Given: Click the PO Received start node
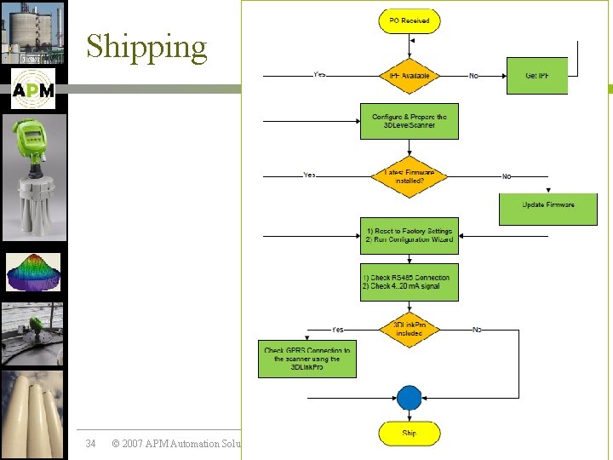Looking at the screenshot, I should (x=409, y=20).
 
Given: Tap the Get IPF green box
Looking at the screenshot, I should (x=536, y=76).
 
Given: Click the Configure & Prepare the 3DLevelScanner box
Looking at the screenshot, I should (x=409, y=121).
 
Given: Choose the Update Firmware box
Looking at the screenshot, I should (x=547, y=205).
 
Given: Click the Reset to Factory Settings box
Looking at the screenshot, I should (x=409, y=235).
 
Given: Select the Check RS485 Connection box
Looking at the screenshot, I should (x=409, y=282).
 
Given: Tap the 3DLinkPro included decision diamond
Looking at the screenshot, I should (x=409, y=329).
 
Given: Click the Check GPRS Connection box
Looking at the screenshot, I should (x=307, y=359).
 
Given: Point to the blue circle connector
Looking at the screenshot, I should (x=409, y=398).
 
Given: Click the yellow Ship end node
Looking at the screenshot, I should (x=409, y=434).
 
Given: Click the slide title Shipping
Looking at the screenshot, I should (x=146, y=47).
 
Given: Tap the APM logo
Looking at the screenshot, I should (x=33, y=89).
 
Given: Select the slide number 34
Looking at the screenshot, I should (x=91, y=443).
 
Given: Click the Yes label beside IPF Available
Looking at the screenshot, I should (x=319, y=75).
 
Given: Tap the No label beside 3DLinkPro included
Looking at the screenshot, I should (x=477, y=329).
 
